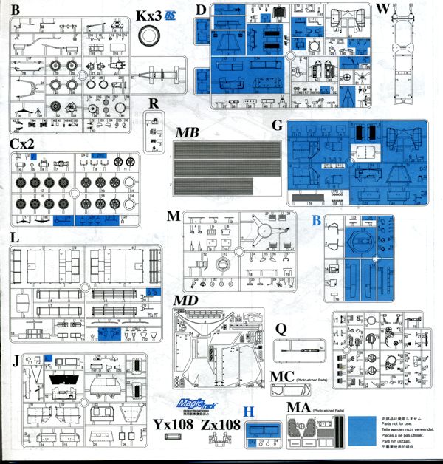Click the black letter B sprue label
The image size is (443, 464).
coord(14,10)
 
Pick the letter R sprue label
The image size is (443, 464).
coord(152,102)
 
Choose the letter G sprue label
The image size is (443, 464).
coord(278,126)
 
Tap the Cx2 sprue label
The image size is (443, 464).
coord(22,143)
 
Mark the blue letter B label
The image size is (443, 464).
coord(316,219)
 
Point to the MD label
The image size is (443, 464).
coord(186,301)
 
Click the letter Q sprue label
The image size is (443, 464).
coord(281,329)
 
